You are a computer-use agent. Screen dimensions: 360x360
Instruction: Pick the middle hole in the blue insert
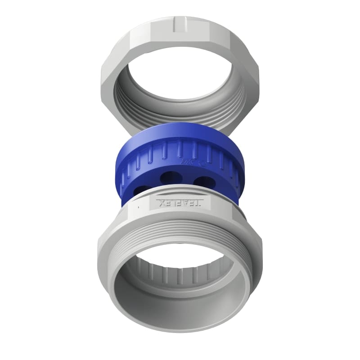coord(170,177)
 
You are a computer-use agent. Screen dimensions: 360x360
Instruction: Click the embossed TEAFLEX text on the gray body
coord(180,203)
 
